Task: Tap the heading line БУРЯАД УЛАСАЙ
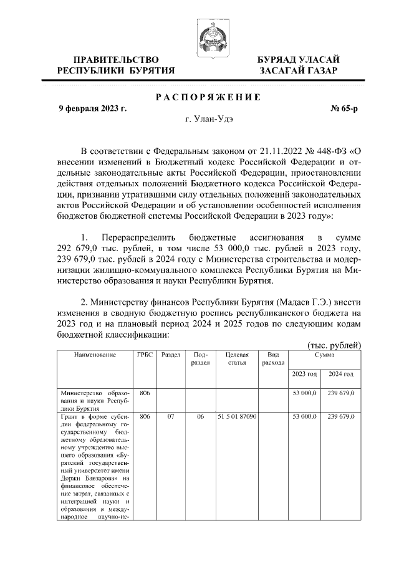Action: point(299,59)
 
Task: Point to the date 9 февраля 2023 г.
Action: point(92,108)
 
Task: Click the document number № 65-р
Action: point(344,108)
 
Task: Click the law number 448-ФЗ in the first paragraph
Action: point(328,150)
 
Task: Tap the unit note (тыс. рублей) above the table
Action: point(334,345)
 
